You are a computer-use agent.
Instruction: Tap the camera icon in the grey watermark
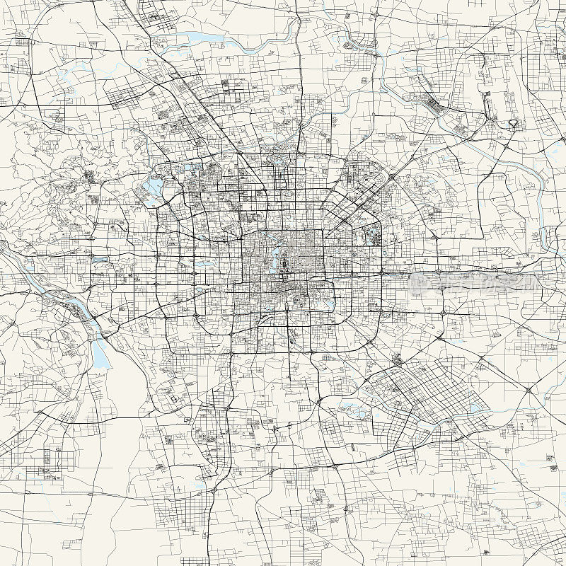point(418,280)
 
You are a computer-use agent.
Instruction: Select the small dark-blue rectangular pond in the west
point(99,259)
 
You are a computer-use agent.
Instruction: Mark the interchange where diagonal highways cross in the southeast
point(529,390)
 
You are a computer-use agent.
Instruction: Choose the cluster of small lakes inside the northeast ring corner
point(371,236)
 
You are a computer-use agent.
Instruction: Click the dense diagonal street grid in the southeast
point(417,393)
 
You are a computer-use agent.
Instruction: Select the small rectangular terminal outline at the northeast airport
point(487,99)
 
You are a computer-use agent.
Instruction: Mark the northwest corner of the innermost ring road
point(245,232)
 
